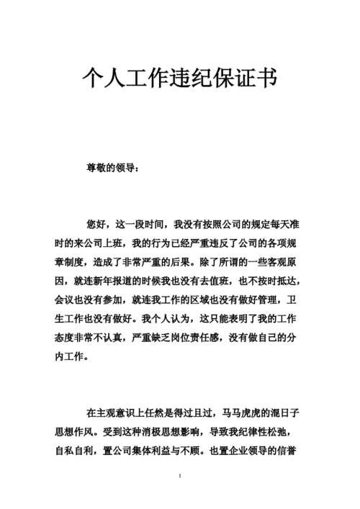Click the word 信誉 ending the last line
[298, 451]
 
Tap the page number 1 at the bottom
[179, 477]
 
